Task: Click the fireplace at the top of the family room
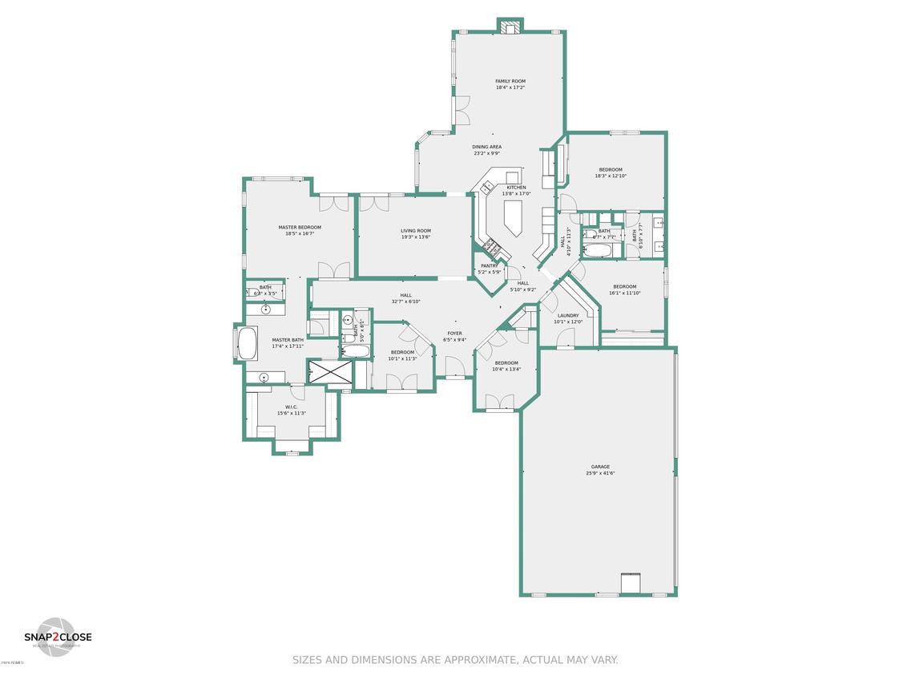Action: pos(510,27)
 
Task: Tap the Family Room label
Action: pos(510,81)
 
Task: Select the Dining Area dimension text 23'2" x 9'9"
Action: pos(486,153)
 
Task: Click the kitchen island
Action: pos(510,217)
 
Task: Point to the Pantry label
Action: pos(489,266)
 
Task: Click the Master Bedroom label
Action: pos(300,227)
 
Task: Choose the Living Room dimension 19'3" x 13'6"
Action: pos(416,237)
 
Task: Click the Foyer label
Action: pos(454,333)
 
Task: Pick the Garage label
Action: pos(600,467)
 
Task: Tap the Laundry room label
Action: pos(567,316)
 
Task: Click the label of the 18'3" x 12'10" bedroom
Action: pos(611,170)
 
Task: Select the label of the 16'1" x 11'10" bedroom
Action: pos(625,287)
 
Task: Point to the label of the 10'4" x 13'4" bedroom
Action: pos(506,363)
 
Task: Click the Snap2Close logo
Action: pos(57,637)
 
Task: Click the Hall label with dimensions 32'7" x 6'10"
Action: pos(405,295)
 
